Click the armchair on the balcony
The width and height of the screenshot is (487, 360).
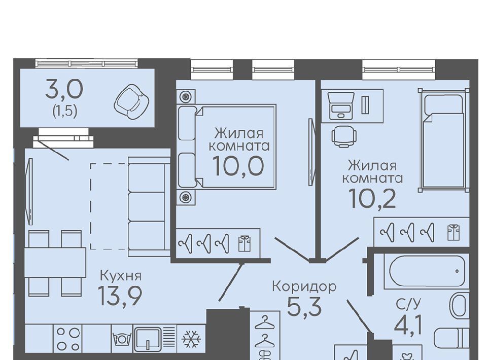click(132, 101)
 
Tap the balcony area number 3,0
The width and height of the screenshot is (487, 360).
click(64, 89)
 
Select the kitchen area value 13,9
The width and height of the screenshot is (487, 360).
click(120, 296)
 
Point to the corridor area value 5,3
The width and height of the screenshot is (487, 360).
click(304, 306)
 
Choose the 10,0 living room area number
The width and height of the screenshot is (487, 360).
click(238, 166)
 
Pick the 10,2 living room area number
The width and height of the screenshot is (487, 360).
click(372, 198)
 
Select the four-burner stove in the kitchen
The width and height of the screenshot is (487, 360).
click(67, 339)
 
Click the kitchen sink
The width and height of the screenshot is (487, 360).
click(148, 339)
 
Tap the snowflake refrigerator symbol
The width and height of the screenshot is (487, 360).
click(191, 339)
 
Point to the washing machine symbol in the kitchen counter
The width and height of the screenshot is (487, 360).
click(122, 338)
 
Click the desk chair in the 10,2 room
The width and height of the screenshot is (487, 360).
click(344, 136)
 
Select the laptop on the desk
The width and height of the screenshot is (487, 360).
click(341, 105)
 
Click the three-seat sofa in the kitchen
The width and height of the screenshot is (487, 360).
click(149, 207)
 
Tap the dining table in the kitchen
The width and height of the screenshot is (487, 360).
click(55, 263)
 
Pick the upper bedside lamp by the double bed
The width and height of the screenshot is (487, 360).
click(186, 96)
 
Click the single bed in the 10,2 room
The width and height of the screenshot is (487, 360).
click(443, 140)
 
